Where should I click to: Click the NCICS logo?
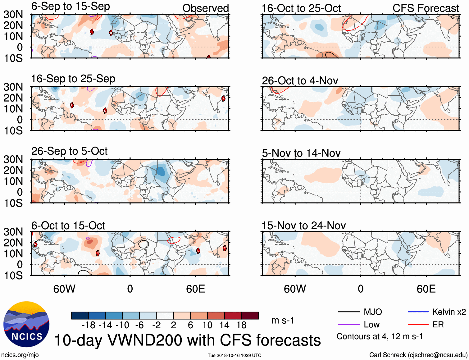(x=26, y=324)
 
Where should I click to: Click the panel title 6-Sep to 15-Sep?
(x=71, y=7)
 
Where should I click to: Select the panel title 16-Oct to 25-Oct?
(x=301, y=8)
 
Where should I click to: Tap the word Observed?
(x=205, y=8)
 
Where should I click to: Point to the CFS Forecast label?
(x=426, y=8)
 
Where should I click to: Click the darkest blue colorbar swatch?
(x=80, y=316)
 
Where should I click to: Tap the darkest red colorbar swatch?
(x=250, y=316)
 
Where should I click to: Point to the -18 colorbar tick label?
(x=88, y=325)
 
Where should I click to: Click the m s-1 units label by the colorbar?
(x=283, y=320)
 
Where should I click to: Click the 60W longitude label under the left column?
(x=64, y=289)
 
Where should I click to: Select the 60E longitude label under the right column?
(x=426, y=289)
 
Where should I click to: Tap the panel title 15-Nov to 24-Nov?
(x=303, y=226)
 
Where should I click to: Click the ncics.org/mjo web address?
(x=20, y=355)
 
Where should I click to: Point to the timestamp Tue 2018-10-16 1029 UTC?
(x=234, y=355)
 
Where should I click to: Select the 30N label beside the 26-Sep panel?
(x=13, y=159)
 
